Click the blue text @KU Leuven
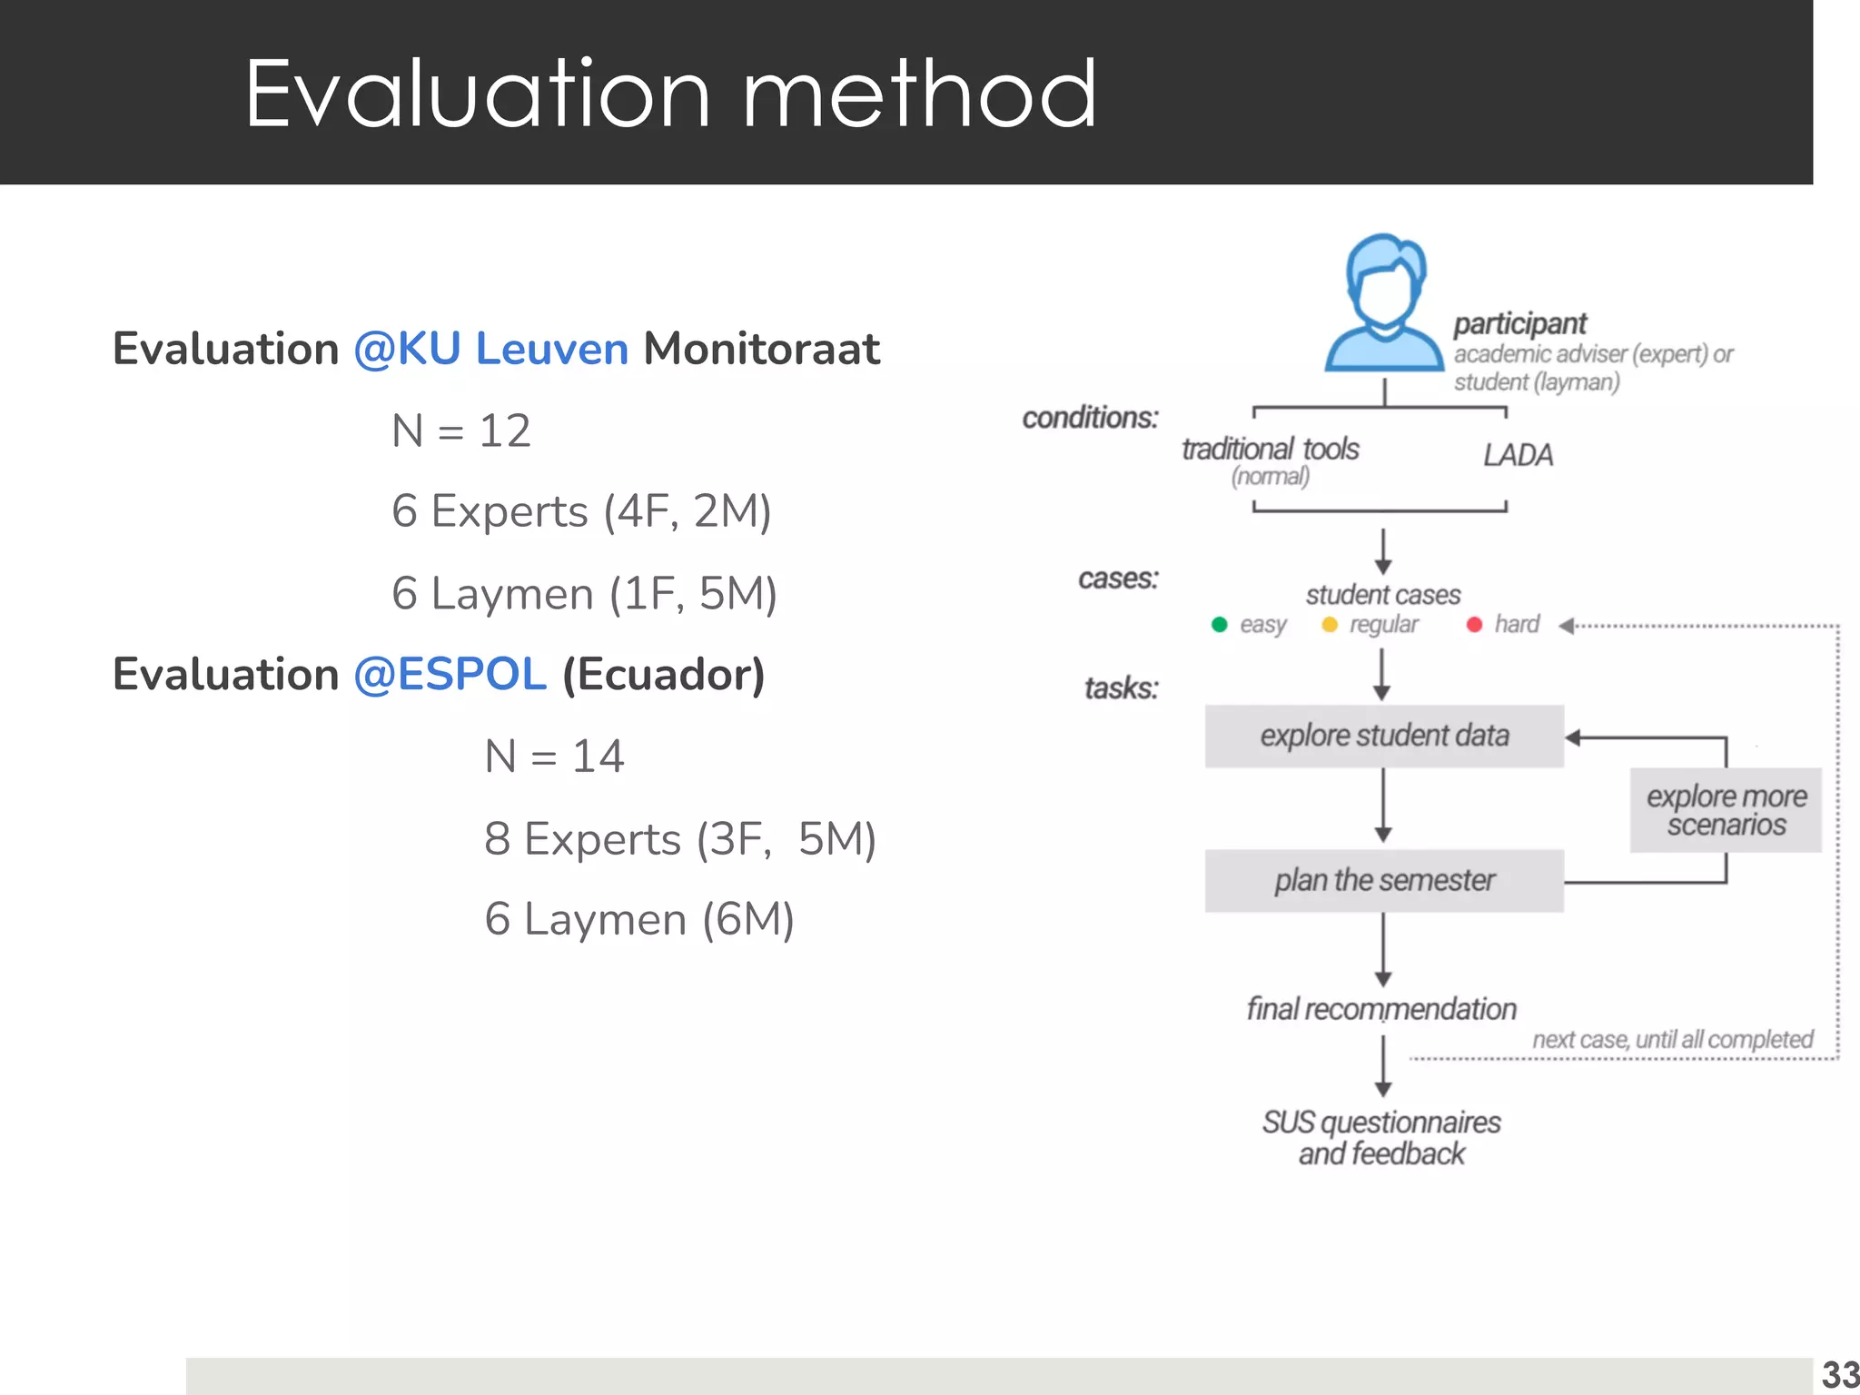(x=490, y=349)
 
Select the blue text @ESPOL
(x=450, y=675)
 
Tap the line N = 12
(x=460, y=430)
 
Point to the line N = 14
(x=554, y=757)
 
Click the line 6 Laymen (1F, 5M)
(x=584, y=594)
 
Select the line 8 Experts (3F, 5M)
(x=679, y=838)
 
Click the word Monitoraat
(x=761, y=349)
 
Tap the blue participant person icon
(x=1383, y=302)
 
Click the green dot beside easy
(x=1220, y=625)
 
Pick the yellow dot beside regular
(x=1330, y=625)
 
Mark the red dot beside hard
(x=1474, y=625)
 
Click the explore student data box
(x=1383, y=736)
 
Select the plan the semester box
(x=1383, y=880)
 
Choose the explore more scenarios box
(x=1726, y=810)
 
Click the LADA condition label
(x=1518, y=455)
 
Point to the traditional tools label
(x=1270, y=450)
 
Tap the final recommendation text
(x=1381, y=1009)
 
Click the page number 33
(x=1839, y=1375)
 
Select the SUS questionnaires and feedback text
(x=1381, y=1138)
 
